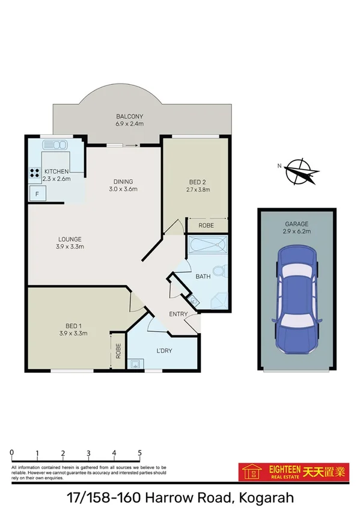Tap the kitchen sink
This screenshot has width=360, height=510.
coord(55,144)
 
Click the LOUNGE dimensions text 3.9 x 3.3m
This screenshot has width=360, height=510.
coord(70,246)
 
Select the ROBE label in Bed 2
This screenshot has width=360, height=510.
coord(206,226)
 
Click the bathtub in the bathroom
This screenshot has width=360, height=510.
coord(207,246)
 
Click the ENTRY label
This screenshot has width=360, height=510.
coord(178,314)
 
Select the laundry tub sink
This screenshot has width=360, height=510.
coord(136,363)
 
